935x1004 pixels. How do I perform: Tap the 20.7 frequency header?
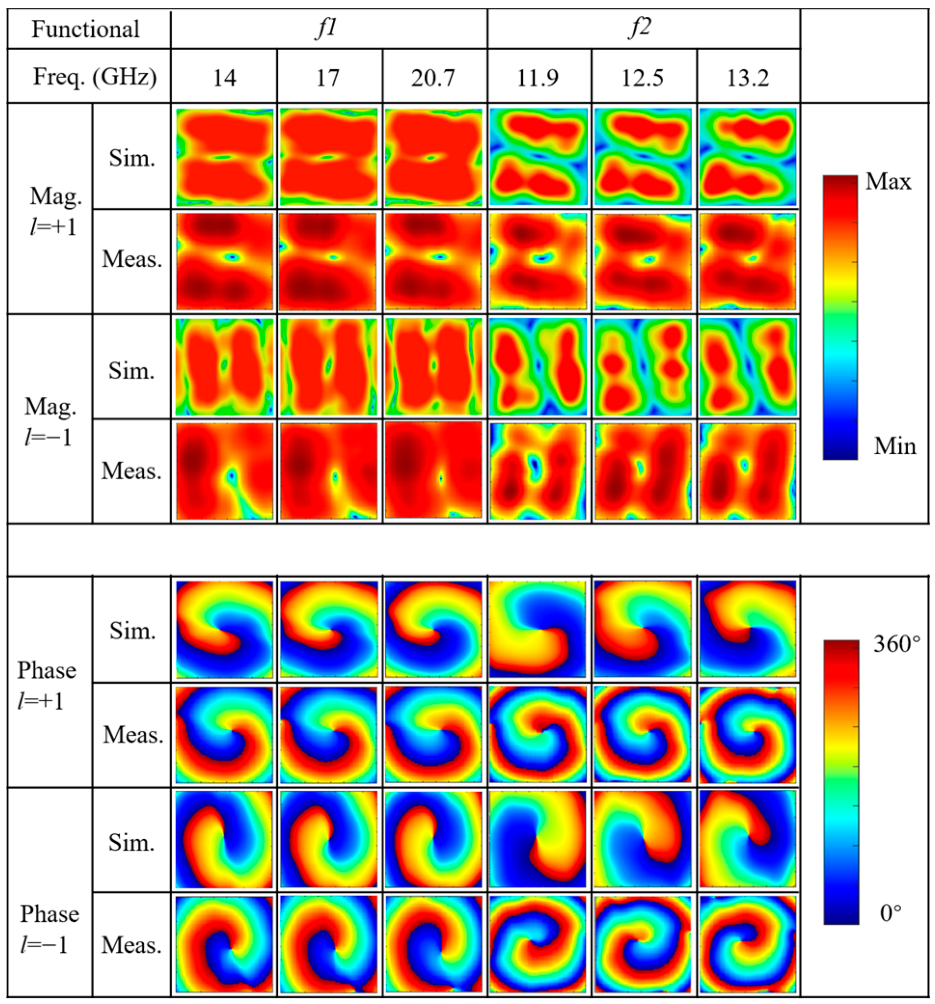pyautogui.click(x=433, y=78)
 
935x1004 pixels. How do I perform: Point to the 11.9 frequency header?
pyautogui.click(x=538, y=78)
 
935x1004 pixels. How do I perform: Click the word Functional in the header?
pyautogui.click(x=86, y=29)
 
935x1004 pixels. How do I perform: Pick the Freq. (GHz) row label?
pyautogui.click(x=95, y=77)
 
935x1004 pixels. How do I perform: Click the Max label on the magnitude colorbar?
pyautogui.click(x=888, y=182)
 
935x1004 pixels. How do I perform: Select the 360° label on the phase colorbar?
pyautogui.click(x=896, y=644)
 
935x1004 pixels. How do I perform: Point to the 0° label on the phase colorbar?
pyautogui.click(x=891, y=913)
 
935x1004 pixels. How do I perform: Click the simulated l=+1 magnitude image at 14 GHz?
pyautogui.click(x=224, y=157)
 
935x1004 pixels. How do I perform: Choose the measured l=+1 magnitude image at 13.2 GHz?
pyautogui.click(x=747, y=261)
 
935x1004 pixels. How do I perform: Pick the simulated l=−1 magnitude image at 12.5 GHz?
pyautogui.click(x=642, y=367)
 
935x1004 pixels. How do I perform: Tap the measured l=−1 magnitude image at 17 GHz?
pyautogui.click(x=328, y=471)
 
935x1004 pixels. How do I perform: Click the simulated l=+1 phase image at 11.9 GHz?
pyautogui.click(x=538, y=629)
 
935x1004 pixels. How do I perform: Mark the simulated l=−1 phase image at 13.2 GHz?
pyautogui.click(x=747, y=840)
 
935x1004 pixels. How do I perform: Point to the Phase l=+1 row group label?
pyautogui.click(x=46, y=685)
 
